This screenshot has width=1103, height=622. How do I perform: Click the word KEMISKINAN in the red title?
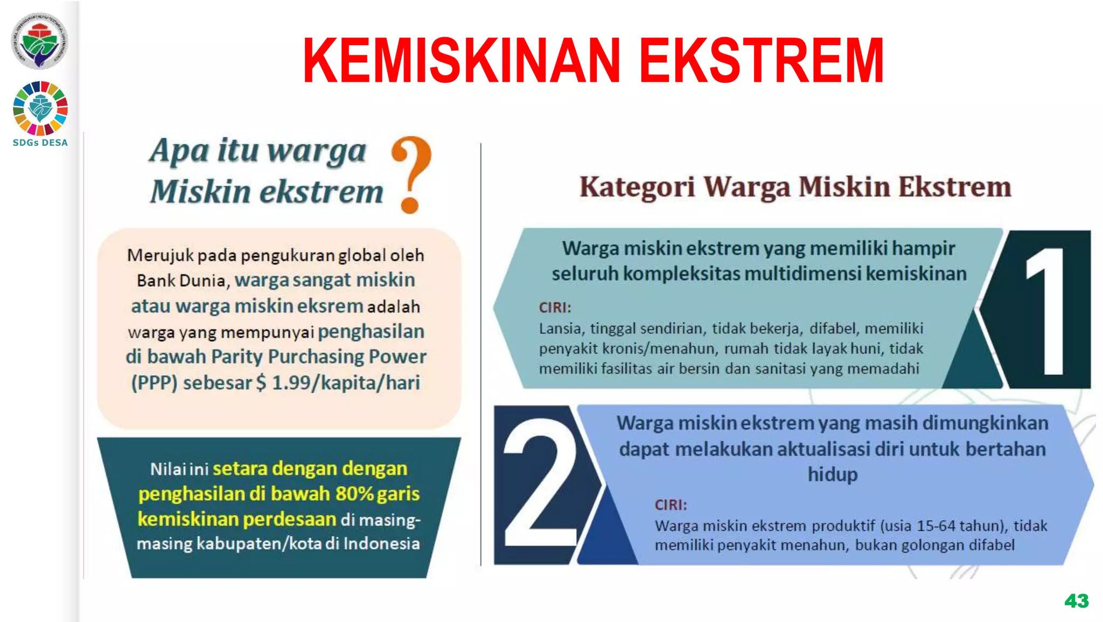[x=462, y=60]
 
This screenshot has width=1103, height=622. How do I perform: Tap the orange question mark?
[x=411, y=173]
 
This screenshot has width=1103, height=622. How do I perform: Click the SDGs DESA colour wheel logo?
[x=40, y=108]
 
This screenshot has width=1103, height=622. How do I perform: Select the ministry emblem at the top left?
[x=39, y=41]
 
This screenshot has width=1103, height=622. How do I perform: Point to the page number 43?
[x=1076, y=601]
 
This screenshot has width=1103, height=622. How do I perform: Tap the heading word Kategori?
[x=637, y=187]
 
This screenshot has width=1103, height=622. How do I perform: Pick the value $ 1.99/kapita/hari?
[x=338, y=383]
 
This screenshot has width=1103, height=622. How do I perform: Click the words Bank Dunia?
[x=181, y=281]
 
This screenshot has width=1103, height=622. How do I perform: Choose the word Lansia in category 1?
[x=560, y=329]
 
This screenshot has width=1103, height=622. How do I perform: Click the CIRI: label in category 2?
[x=671, y=505]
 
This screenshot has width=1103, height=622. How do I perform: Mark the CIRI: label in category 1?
[x=555, y=307]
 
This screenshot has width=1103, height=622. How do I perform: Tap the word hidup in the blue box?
[x=832, y=474]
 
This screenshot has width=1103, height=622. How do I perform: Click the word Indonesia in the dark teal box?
[x=381, y=543]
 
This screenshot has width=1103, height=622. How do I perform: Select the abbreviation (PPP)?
[x=154, y=383]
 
